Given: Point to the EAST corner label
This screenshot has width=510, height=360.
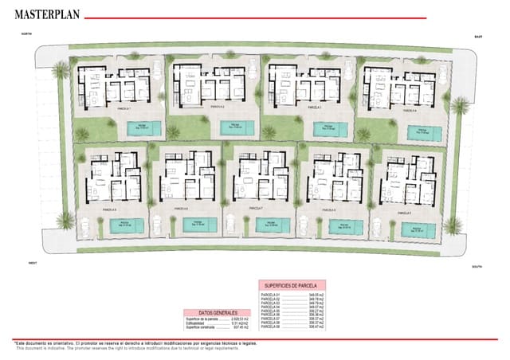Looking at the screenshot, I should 478,37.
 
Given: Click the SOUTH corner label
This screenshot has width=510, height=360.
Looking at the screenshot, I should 477,267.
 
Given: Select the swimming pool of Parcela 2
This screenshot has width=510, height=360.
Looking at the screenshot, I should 237,127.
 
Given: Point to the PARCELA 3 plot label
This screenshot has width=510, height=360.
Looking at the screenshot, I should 313,107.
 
